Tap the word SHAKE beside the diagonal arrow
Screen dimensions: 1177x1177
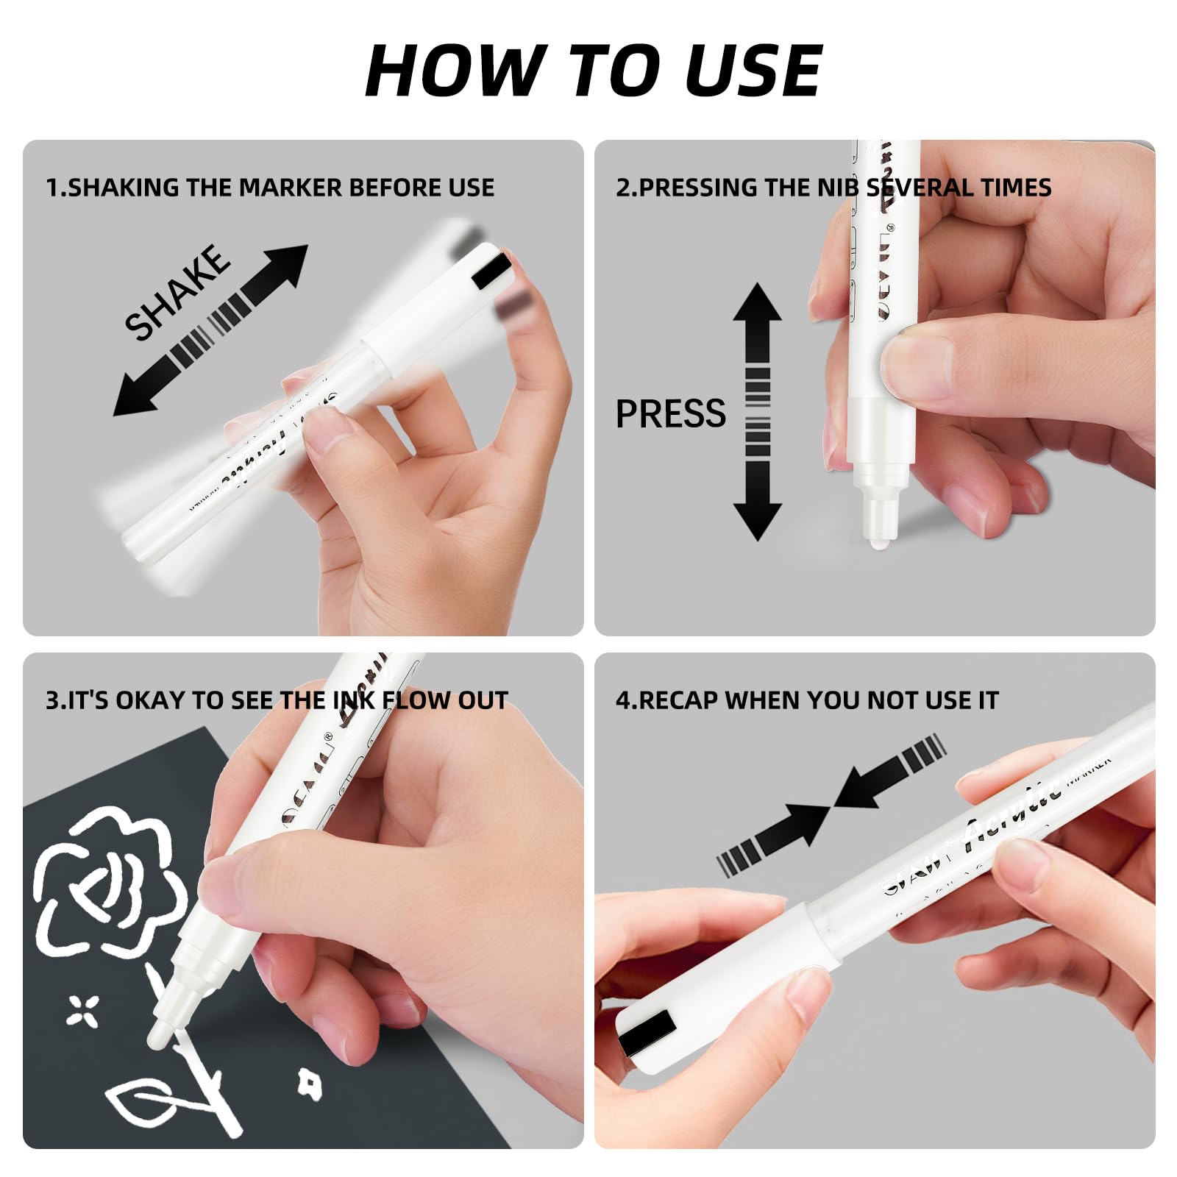click(x=177, y=292)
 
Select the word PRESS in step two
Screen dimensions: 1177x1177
click(x=670, y=414)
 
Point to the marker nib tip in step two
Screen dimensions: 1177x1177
click(x=877, y=542)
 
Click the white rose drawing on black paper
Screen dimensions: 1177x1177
click(x=110, y=883)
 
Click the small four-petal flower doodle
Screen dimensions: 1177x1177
click(x=83, y=1010)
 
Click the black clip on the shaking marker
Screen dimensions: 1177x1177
click(x=491, y=269)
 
